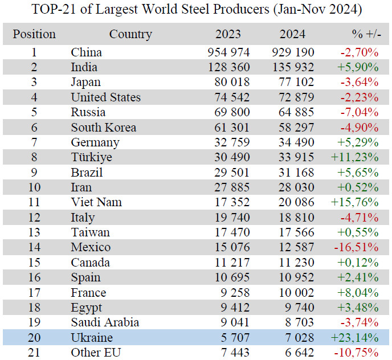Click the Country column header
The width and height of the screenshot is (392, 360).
point(130,34)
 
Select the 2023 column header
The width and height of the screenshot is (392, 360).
point(228,34)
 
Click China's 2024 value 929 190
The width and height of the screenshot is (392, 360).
point(301,52)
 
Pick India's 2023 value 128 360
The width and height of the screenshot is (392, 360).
point(228,67)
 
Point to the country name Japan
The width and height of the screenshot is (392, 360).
point(86,83)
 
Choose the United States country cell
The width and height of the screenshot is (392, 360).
point(105,97)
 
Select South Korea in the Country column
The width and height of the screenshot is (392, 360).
point(103,128)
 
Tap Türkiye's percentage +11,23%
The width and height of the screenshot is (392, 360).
point(356,157)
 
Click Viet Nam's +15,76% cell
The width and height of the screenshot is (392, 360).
point(356,202)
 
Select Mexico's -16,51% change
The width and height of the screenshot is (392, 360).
point(357,247)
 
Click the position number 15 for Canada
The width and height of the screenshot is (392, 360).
point(34,262)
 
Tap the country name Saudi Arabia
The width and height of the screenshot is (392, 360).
point(105,322)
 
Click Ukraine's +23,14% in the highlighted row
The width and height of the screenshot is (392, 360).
point(356,337)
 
